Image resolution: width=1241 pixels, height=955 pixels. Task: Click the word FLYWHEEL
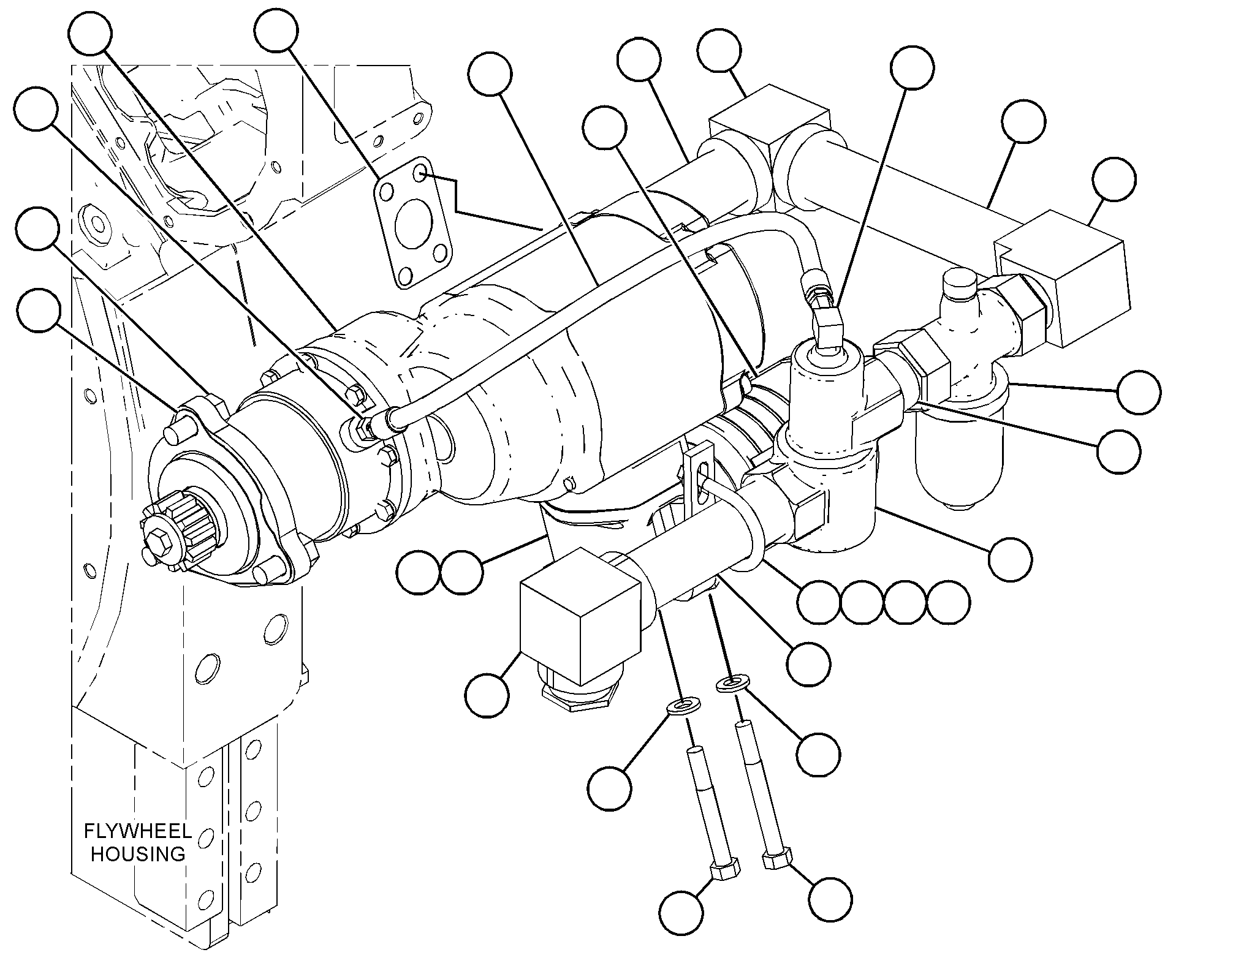coord(137,831)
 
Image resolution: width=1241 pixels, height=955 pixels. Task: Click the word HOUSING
coord(138,853)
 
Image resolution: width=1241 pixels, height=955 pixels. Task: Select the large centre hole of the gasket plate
coord(408,225)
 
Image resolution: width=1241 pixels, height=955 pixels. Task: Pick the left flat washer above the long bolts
coord(682,706)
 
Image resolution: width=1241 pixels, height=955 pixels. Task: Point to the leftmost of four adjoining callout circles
coord(818,602)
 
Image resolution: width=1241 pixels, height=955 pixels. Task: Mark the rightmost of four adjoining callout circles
coord(949,602)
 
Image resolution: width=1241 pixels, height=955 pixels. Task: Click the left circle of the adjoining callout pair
coord(419,572)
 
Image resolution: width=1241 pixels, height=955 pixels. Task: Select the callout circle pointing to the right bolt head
coord(830,899)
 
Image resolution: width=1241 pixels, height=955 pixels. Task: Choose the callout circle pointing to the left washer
coord(610,788)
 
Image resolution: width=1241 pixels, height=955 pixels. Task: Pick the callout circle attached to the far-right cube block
coord(1115,179)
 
